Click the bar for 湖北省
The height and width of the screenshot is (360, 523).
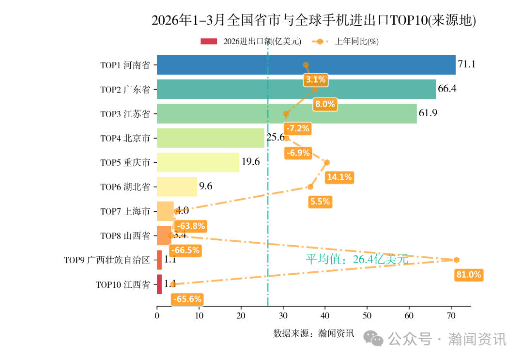pyautogui.click(x=177, y=187)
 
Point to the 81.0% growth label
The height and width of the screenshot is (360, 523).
pyautogui.click(x=469, y=275)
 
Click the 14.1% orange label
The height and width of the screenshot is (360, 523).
pyautogui.click(x=339, y=177)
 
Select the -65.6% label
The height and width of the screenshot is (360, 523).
pyautogui.click(x=187, y=299)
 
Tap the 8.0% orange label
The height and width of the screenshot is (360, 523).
pyautogui.click(x=324, y=104)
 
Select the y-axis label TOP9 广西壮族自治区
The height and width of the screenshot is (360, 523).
pyautogui.click(x=107, y=260)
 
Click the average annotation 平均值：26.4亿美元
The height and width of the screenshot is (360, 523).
pyautogui.click(x=357, y=260)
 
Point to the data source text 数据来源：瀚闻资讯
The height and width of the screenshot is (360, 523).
pyautogui.click(x=314, y=333)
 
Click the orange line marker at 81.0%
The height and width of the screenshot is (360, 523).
pyautogui.click(x=456, y=260)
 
